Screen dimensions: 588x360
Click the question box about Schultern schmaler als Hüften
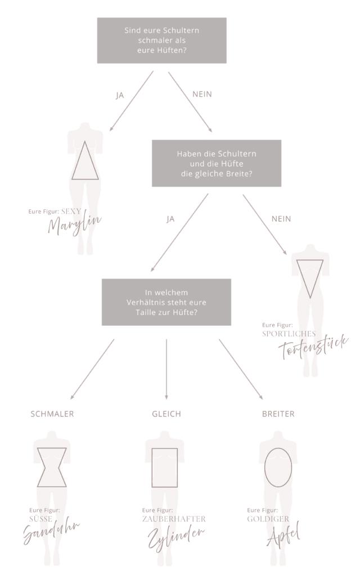pyautogui.click(x=162, y=41)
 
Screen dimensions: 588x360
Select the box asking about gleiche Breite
pyautogui.click(x=217, y=163)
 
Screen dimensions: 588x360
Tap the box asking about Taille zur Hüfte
pyautogui.click(x=166, y=302)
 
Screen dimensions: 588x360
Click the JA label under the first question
pyautogui.click(x=120, y=95)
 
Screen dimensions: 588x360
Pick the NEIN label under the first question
pyautogui.click(x=202, y=94)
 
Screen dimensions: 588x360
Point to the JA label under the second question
pyautogui.click(x=170, y=219)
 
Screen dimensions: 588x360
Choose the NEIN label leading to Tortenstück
pyautogui.click(x=281, y=218)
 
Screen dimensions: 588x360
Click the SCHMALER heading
pyautogui.click(x=52, y=414)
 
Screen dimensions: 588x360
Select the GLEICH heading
pyautogui.click(x=166, y=414)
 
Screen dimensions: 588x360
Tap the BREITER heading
pyautogui.click(x=278, y=414)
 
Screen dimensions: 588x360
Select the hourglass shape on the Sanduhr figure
pyautogui.click(x=52, y=463)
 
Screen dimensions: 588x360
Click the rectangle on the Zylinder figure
pyautogui.click(x=164, y=463)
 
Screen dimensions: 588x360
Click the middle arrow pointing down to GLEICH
pyautogui.click(x=166, y=369)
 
